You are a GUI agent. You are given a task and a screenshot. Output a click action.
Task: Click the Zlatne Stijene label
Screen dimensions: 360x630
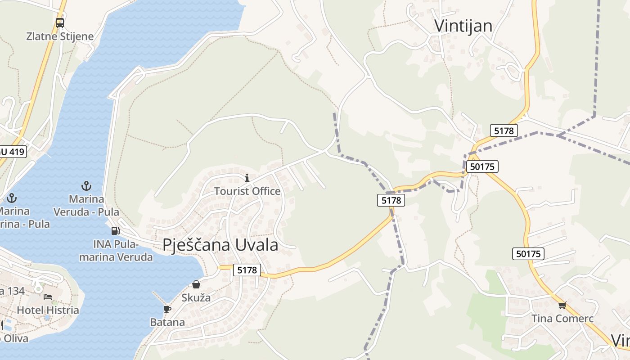point(60,36)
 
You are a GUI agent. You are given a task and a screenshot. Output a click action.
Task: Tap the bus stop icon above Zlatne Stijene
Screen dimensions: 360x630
point(60,22)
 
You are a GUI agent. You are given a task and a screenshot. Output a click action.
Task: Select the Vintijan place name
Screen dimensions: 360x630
point(463,26)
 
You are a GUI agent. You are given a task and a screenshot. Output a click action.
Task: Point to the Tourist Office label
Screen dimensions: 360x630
point(247,191)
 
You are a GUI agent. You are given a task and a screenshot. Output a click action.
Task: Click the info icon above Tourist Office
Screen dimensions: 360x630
point(247,178)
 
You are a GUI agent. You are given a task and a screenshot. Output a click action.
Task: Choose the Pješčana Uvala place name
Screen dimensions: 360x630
point(220,245)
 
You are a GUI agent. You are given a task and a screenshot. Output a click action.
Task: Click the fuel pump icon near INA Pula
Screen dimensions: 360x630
point(115,231)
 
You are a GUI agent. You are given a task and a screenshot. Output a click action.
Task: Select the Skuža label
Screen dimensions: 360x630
point(196,297)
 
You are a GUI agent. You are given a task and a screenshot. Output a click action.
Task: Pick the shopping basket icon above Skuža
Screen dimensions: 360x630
point(196,284)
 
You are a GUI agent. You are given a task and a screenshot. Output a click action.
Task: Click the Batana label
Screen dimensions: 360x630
point(167,322)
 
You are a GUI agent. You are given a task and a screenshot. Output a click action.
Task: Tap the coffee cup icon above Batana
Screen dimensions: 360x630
point(167,309)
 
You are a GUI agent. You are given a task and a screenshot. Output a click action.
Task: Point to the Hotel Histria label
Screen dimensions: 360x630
point(48,310)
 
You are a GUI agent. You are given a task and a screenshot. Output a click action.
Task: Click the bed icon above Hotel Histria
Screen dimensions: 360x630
point(48,297)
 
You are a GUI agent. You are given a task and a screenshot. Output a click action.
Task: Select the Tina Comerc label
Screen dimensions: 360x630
point(562,319)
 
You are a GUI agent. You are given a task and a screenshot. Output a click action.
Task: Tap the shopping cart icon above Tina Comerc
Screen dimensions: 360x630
point(562,306)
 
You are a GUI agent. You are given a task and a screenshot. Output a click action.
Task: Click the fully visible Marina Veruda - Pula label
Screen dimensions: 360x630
point(86,205)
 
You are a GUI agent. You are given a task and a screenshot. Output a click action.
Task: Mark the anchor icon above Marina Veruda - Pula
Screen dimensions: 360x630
point(86,185)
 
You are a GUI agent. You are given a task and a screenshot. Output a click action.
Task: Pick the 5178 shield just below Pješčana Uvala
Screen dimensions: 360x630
point(247,270)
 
